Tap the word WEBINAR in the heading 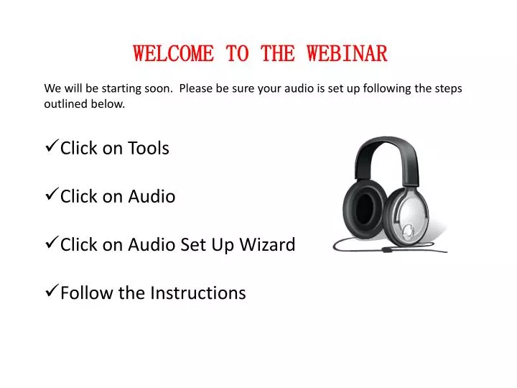347,53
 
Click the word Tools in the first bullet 149,148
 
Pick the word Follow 80,293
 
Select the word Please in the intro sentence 197,89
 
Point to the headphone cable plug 386,249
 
